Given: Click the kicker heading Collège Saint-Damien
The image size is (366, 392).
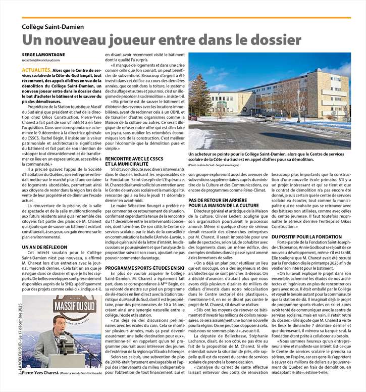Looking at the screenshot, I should click(53, 26).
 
